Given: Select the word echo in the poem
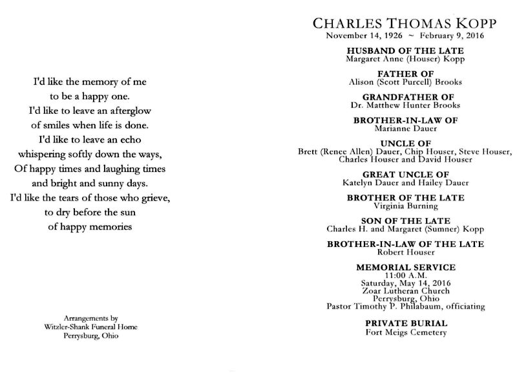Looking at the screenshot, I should pos(128,139).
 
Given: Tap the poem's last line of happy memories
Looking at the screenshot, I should pos(90,226).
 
